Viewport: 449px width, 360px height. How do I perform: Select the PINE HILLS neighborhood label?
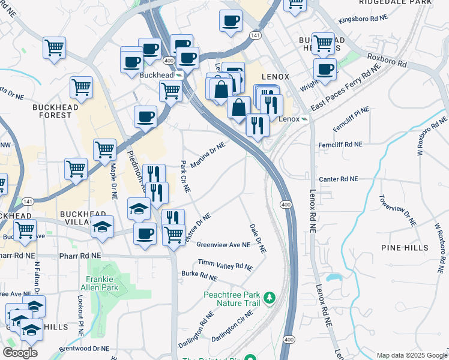point(405,248)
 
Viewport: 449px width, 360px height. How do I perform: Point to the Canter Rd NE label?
point(338,179)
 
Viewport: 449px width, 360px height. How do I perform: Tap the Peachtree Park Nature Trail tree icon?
point(270,298)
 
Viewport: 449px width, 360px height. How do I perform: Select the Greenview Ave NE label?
point(223,245)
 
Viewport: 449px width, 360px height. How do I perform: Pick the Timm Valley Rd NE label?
point(226,265)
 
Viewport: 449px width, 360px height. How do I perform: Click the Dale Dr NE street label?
point(258,238)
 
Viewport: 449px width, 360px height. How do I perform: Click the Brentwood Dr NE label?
point(84,348)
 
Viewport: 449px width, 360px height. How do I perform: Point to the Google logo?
point(20,353)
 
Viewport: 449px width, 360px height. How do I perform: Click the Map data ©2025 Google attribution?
point(411,355)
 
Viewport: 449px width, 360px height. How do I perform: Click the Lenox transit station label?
point(289,119)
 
